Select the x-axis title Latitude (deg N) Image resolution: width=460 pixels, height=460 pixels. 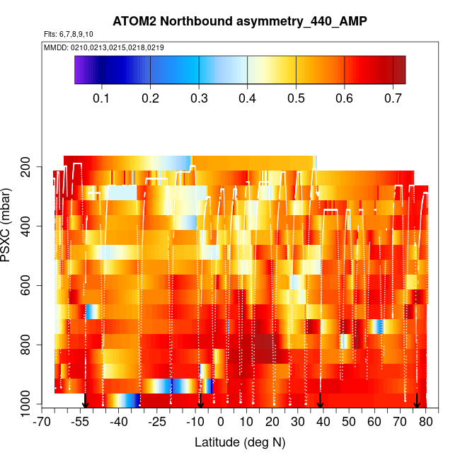(x=239, y=442)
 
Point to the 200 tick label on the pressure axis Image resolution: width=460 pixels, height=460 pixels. (x=30, y=167)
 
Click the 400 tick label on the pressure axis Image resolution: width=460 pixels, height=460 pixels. (x=30, y=226)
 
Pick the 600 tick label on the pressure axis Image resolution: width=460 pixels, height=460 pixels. (x=30, y=286)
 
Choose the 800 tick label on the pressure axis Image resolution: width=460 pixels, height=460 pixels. (x=30, y=345)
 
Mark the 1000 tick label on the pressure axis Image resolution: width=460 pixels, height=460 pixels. (x=28, y=405)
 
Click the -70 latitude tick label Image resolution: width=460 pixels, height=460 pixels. (x=44, y=422)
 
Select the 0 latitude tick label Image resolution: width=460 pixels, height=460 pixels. (x=222, y=422)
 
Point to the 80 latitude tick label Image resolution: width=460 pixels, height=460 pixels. (x=426, y=422)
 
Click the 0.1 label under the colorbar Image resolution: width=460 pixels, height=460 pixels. (x=103, y=96)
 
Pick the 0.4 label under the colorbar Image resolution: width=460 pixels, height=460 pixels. (x=247, y=96)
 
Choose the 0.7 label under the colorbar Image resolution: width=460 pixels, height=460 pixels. (x=392, y=96)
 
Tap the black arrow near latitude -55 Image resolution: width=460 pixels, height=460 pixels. (x=85, y=401)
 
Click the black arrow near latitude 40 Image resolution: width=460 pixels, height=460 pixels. (x=321, y=401)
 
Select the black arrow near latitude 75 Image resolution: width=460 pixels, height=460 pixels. (x=417, y=401)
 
